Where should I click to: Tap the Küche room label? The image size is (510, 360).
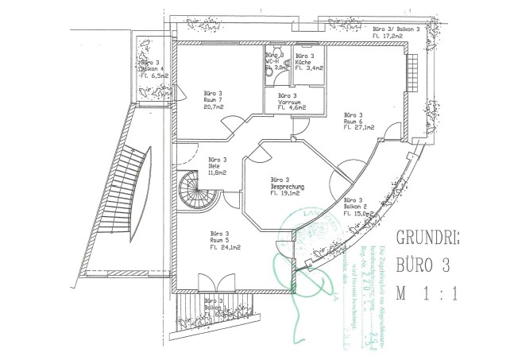tap(305, 62)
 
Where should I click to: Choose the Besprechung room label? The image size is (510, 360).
tap(288, 186)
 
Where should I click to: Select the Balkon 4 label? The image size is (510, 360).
tap(153, 68)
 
